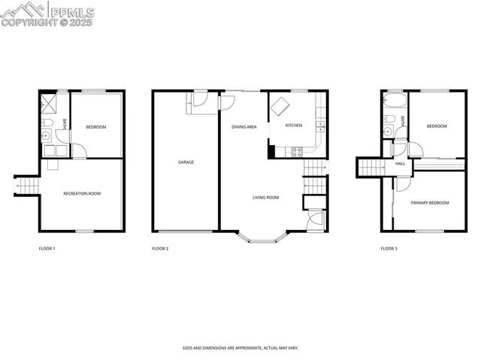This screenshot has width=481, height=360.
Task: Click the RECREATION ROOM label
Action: (x=82, y=193)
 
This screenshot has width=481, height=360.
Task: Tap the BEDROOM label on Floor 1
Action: (x=95, y=127)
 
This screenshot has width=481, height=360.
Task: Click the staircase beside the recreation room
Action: (x=26, y=184)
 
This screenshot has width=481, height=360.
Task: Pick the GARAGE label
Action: (x=186, y=162)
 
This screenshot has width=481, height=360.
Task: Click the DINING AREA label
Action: (x=244, y=127)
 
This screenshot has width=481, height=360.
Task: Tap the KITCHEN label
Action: (x=293, y=126)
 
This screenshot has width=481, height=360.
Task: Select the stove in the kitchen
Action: (x=297, y=150)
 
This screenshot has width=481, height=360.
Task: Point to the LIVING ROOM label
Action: (x=265, y=198)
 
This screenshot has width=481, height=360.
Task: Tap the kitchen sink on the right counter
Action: (x=322, y=126)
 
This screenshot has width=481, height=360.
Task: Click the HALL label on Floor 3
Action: (x=400, y=163)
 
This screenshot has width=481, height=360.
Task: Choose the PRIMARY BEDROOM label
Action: (x=430, y=203)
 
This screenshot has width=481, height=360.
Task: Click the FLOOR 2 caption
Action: (x=160, y=248)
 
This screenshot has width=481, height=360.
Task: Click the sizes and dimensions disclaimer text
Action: (x=240, y=348)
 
